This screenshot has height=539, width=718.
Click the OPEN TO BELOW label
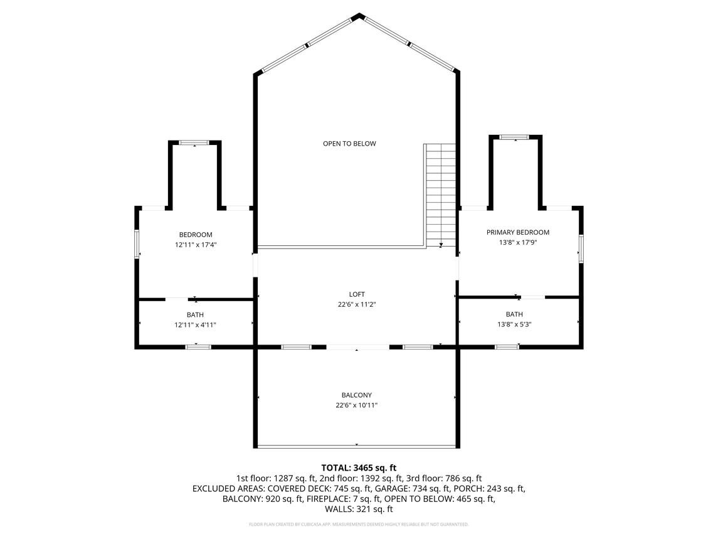349,144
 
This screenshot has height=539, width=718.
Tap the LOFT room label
357,294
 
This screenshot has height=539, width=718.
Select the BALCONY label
357,395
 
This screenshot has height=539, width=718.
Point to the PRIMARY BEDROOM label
518,232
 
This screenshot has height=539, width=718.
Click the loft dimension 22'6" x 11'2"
357,304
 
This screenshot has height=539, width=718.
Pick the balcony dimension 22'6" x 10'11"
357,405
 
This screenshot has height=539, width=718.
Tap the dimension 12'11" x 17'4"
196,245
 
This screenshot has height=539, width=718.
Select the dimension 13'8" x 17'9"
518,242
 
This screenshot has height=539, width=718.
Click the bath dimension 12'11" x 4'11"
195,325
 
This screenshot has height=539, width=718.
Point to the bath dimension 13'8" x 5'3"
514,324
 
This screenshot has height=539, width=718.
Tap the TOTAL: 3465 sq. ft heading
359,468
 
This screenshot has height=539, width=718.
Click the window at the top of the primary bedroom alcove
514,137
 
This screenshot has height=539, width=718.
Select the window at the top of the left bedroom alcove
194,142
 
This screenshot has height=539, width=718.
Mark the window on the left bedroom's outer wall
137,243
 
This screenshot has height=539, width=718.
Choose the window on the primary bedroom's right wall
581,249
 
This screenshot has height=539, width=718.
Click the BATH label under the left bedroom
195,315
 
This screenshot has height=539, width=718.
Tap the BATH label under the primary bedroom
514,314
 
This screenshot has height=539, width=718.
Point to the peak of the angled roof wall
359,14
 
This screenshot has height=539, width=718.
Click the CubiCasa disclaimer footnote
359,525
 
